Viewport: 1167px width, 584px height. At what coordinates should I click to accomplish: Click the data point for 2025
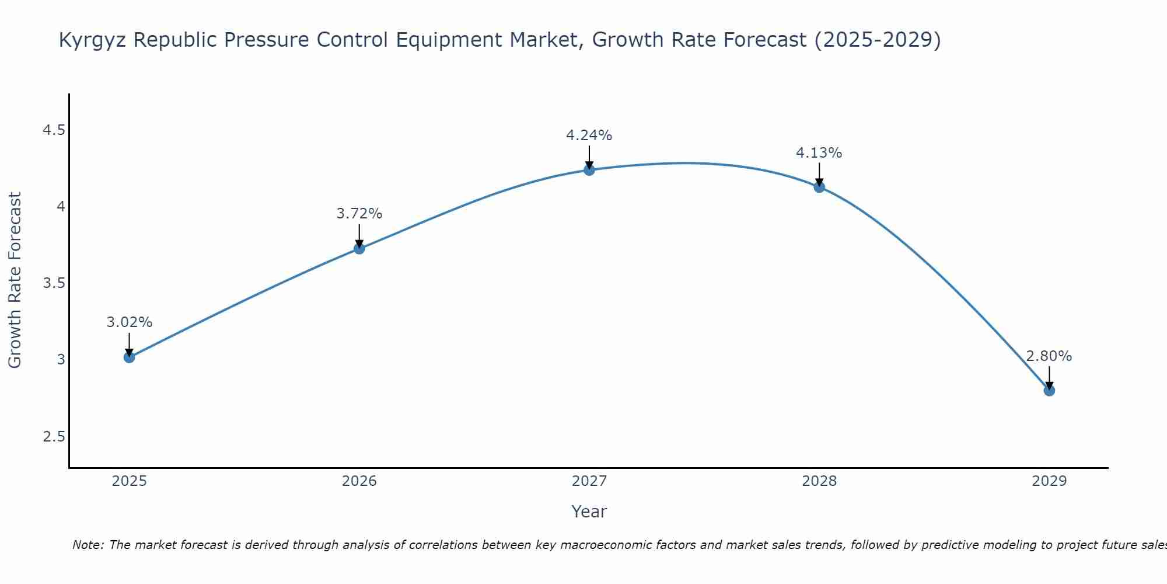point(130,357)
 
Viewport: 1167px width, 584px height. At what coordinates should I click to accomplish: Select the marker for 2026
point(359,248)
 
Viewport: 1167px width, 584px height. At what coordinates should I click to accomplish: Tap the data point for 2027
point(589,170)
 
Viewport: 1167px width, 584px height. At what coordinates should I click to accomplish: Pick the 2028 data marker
point(819,187)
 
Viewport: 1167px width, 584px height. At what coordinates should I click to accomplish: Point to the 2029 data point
point(1049,390)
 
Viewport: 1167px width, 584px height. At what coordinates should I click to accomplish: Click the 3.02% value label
point(130,322)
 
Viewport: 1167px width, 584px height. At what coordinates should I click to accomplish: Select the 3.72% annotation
point(359,214)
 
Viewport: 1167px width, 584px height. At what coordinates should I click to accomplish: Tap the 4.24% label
point(589,135)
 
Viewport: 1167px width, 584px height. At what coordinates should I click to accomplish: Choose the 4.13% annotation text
point(819,153)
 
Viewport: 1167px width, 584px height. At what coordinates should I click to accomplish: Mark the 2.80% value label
point(1049,356)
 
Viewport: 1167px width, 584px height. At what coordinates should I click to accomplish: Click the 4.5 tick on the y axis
point(54,130)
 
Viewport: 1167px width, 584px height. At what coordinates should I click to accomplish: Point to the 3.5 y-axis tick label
point(54,284)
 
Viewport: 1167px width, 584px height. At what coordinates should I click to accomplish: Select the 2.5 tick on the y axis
point(54,437)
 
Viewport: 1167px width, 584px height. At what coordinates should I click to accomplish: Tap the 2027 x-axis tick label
point(589,481)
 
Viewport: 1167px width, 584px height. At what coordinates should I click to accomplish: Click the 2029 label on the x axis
point(1049,481)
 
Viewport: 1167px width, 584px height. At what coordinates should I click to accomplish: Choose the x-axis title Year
point(589,512)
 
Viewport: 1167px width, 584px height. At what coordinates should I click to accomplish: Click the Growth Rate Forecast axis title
point(15,280)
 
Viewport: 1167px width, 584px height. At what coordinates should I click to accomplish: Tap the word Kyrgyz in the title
point(93,40)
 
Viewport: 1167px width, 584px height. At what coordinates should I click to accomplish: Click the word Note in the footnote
point(86,545)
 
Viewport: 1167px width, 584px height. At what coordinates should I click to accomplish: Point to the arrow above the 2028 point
point(819,174)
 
